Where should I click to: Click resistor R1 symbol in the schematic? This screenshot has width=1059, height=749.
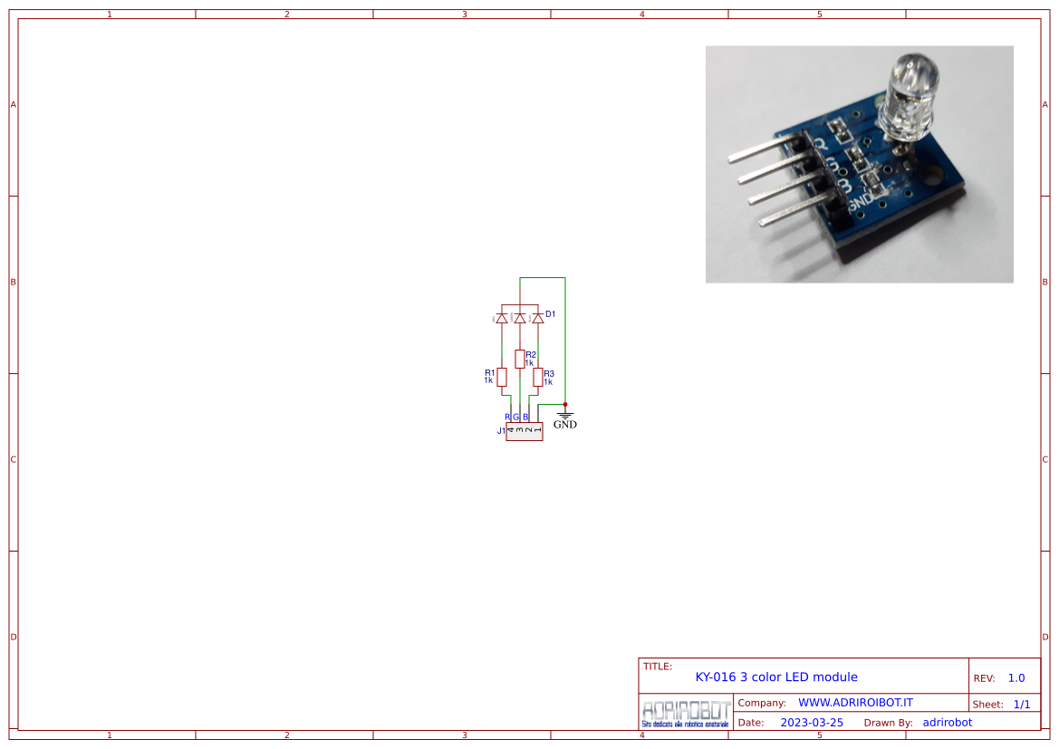[502, 377]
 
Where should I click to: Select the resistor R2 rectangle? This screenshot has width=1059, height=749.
[519, 359]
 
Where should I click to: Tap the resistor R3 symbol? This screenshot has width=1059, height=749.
[538, 377]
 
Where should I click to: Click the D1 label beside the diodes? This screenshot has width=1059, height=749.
[550, 314]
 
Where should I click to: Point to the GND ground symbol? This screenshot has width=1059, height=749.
[564, 417]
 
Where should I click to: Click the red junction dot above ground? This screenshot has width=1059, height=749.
[565, 404]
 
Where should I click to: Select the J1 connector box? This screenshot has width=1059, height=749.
[524, 431]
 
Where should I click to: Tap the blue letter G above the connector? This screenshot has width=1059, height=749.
[516, 417]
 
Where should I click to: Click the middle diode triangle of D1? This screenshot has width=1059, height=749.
[519, 318]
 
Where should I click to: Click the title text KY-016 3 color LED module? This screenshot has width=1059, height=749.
[775, 677]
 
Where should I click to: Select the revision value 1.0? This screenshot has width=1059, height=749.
[1016, 677]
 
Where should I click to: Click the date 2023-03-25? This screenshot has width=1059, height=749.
[812, 723]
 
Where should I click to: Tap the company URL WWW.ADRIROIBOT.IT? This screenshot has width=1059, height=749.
[854, 703]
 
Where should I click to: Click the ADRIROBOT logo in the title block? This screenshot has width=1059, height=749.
[685, 713]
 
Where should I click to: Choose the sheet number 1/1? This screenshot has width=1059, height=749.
[1021, 704]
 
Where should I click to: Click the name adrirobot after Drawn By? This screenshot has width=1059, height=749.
[947, 723]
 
